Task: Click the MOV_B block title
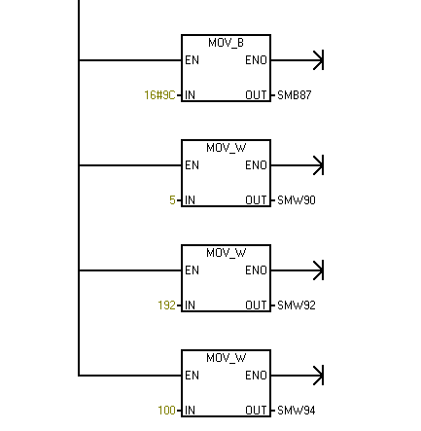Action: click(x=226, y=43)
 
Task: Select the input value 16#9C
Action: click(x=159, y=95)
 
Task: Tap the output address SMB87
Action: click(x=295, y=95)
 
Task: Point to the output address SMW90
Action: click(x=297, y=200)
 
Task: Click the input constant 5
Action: click(x=172, y=200)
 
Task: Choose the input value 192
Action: click(x=166, y=305)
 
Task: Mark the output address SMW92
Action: click(x=297, y=305)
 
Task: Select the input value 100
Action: click(x=166, y=411)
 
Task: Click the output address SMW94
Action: click(x=297, y=411)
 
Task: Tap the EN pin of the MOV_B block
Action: click(x=192, y=60)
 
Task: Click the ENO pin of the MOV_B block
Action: click(x=256, y=60)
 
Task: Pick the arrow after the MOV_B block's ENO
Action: click(x=297, y=60)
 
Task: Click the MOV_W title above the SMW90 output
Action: click(x=227, y=148)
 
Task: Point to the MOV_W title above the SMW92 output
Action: click(x=227, y=253)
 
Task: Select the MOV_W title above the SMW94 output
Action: click(x=227, y=358)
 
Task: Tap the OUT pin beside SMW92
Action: click(x=256, y=305)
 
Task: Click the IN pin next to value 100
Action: click(x=190, y=411)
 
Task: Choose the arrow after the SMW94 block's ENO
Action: click(x=297, y=376)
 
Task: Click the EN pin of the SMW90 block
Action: click(x=192, y=165)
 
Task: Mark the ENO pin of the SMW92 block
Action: click(x=256, y=270)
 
